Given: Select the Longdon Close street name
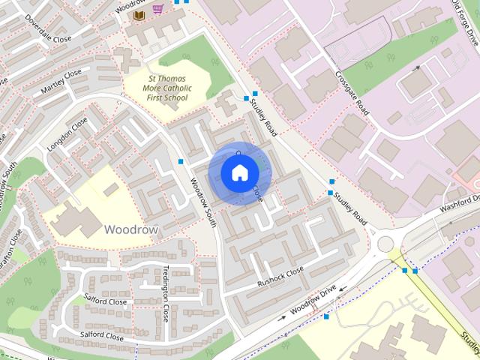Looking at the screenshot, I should tap(67, 134).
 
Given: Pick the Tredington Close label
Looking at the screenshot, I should tap(166, 292).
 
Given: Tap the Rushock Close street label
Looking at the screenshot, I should tap(280, 277).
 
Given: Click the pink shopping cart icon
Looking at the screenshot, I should tap(157, 9).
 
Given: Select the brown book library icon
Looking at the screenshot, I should tap(139, 15).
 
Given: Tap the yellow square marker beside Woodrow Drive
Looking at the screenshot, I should tap(326, 316).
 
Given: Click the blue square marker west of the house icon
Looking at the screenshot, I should tap(181, 161).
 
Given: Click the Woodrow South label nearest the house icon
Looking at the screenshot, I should tap(203, 203).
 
